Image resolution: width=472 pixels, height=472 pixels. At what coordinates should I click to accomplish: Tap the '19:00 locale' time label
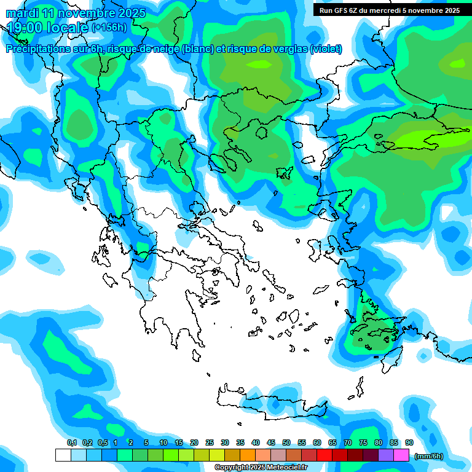(x=48, y=27)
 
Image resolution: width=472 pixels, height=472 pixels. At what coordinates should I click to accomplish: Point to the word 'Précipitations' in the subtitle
(x=39, y=49)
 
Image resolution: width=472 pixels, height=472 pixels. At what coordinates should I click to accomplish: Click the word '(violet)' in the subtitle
(x=326, y=49)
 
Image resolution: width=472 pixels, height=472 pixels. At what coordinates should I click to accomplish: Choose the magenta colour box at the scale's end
(x=401, y=455)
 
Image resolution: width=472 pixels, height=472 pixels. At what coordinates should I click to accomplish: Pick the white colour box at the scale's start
(x=63, y=455)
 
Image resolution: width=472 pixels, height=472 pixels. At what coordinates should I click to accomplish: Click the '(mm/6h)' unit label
(x=429, y=456)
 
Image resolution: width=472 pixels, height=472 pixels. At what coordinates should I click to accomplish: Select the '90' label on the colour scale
(x=409, y=442)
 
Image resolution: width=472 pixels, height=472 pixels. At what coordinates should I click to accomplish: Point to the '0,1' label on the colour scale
(x=71, y=442)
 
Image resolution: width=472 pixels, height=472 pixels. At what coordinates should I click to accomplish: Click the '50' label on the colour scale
(x=286, y=442)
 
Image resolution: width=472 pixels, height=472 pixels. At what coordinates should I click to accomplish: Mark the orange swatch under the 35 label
(x=248, y=455)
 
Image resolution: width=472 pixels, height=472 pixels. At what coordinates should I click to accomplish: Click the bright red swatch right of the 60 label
(x=324, y=455)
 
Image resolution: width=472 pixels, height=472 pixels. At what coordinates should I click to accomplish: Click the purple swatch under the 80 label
(x=386, y=455)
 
